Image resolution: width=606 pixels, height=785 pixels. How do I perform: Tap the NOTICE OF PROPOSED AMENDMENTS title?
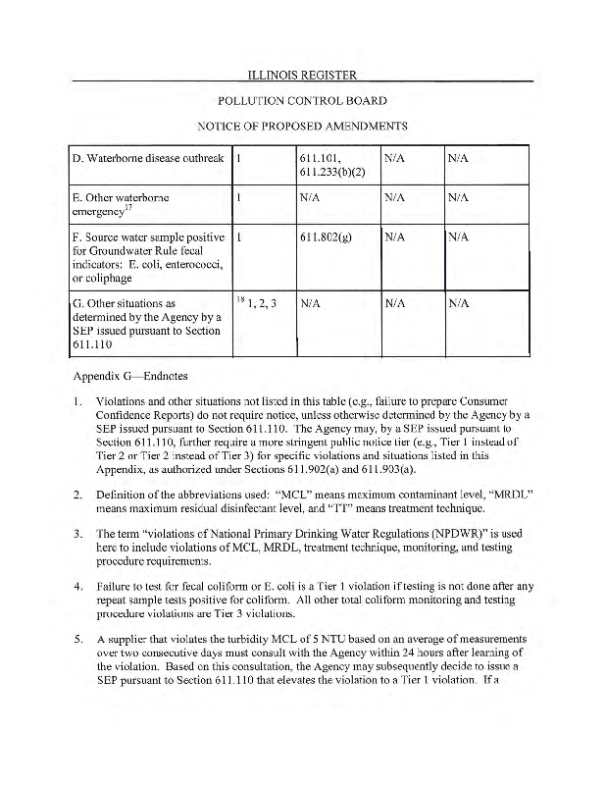tap(302, 127)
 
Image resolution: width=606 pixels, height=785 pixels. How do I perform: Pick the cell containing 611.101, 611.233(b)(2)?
tap(325, 165)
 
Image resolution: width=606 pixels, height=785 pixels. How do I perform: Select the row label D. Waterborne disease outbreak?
tap(149, 158)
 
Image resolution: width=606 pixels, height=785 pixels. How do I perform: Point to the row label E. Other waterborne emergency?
tap(122, 204)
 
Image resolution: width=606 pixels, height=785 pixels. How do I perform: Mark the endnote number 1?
tap(77, 401)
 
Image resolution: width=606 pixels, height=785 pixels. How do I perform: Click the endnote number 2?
tap(77, 492)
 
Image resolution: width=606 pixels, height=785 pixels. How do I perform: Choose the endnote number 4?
tap(77, 585)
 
